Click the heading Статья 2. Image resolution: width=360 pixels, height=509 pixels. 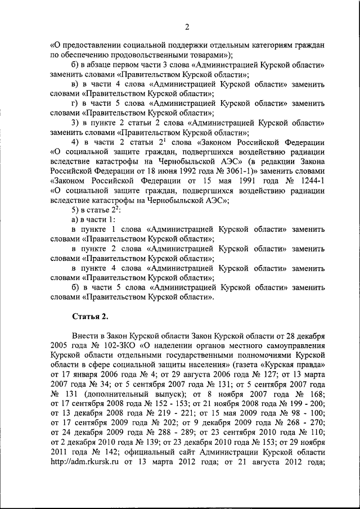click(86, 314)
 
